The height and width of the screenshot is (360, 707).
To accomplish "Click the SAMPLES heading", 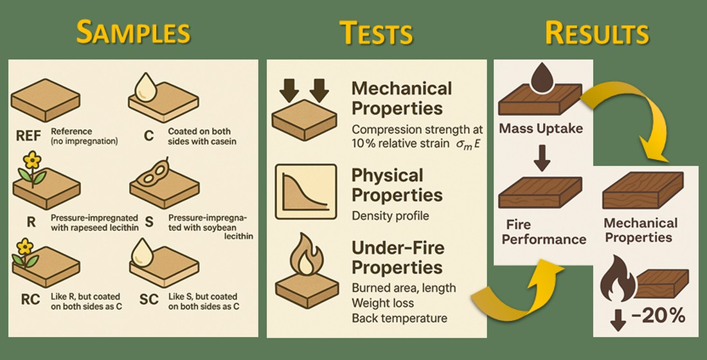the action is click(133, 32).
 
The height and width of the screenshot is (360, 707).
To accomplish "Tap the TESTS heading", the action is click(376, 33).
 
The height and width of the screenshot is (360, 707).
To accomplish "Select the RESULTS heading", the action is click(597, 33).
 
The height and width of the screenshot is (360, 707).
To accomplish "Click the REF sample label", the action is click(28, 136).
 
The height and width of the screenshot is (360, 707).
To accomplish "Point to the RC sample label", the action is click(30, 300).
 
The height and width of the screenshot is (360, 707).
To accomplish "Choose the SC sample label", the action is click(149, 300).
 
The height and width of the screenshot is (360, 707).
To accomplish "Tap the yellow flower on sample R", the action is click(32, 161).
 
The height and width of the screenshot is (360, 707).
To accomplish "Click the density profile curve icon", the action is click(306, 192).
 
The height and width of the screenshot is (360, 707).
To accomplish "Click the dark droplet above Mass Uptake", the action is click(542, 76).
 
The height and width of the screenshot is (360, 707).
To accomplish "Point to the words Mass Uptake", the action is click(541, 129).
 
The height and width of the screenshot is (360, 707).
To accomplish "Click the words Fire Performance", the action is click(544, 232).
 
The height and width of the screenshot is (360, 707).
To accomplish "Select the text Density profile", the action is click(391, 215).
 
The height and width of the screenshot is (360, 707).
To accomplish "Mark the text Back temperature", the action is click(400, 318).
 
